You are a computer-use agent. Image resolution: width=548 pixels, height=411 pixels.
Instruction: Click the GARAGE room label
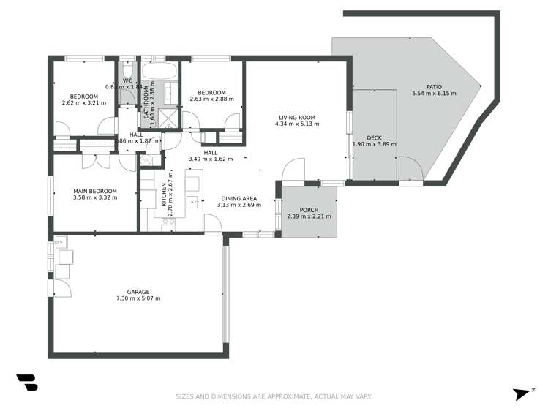point(138,291)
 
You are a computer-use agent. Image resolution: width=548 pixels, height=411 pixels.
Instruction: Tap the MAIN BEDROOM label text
point(95,192)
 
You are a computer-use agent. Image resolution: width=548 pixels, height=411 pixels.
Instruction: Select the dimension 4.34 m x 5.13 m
point(296,124)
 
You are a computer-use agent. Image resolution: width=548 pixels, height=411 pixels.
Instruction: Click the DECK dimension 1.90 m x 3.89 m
point(374,145)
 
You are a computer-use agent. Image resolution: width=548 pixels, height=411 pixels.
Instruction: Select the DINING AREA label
point(239,198)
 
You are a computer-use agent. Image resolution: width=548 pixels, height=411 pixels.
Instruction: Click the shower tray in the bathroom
point(168,118)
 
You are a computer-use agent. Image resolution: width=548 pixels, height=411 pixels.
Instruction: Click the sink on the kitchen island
point(192,201)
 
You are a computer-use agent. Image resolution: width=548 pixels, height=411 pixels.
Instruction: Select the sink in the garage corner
point(59,241)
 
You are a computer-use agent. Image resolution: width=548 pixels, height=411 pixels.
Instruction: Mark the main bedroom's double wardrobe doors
point(97,161)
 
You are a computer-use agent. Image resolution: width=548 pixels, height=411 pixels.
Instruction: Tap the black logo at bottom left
point(26,382)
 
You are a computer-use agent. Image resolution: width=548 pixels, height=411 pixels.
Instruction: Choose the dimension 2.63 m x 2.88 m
point(211,99)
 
